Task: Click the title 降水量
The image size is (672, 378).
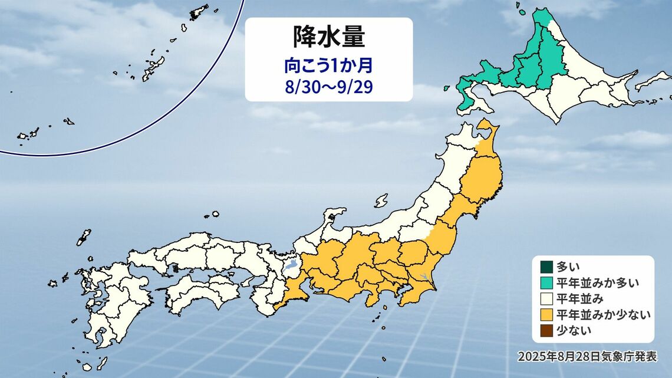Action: pyautogui.click(x=328, y=37)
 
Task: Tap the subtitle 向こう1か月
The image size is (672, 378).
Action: pyautogui.click(x=328, y=63)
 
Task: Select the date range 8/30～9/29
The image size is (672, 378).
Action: pyautogui.click(x=328, y=86)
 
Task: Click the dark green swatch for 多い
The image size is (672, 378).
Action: pyautogui.click(x=545, y=267)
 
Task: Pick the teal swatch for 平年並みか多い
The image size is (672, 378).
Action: pyautogui.click(x=545, y=282)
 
